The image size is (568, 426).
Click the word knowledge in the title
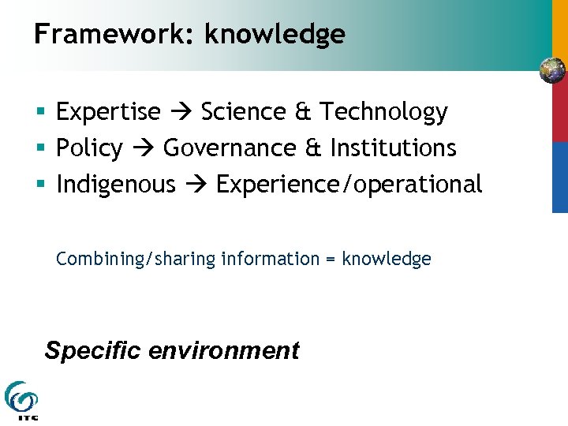275,35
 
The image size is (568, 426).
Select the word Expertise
108,113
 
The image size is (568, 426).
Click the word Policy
89,148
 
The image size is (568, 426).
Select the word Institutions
393,148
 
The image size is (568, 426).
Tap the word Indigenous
115,185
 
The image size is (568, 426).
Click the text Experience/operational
349,185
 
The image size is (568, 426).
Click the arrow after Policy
143,149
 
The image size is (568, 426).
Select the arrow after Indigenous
195,185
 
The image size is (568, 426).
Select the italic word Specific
93,349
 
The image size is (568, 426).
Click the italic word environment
224,349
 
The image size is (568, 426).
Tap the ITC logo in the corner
21,400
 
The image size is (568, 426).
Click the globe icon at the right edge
552,71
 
